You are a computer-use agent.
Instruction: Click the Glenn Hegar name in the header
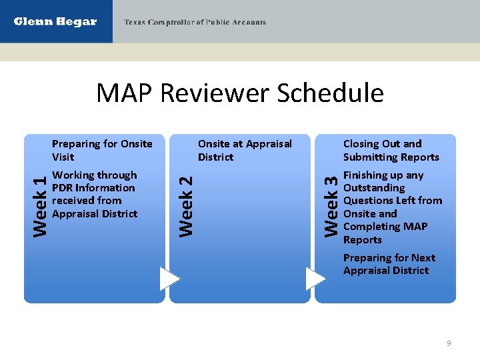click(55, 22)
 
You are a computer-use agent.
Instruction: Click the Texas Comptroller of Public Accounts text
click(195, 23)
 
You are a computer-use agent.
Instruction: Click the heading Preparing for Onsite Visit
click(102, 150)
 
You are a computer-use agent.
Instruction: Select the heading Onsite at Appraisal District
click(245, 150)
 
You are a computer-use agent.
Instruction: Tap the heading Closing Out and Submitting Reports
click(391, 150)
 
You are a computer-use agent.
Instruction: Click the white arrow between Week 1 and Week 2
click(169, 279)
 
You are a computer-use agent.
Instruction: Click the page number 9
click(449, 343)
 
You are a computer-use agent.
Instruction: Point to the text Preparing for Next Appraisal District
click(389, 264)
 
